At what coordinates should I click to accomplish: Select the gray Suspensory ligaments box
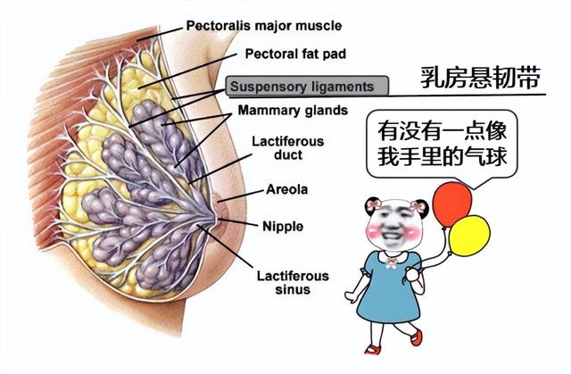tap(306, 87)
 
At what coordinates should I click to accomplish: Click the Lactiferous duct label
tap(287, 148)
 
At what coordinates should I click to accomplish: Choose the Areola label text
tap(287, 189)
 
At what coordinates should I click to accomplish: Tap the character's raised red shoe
tap(416, 337)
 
